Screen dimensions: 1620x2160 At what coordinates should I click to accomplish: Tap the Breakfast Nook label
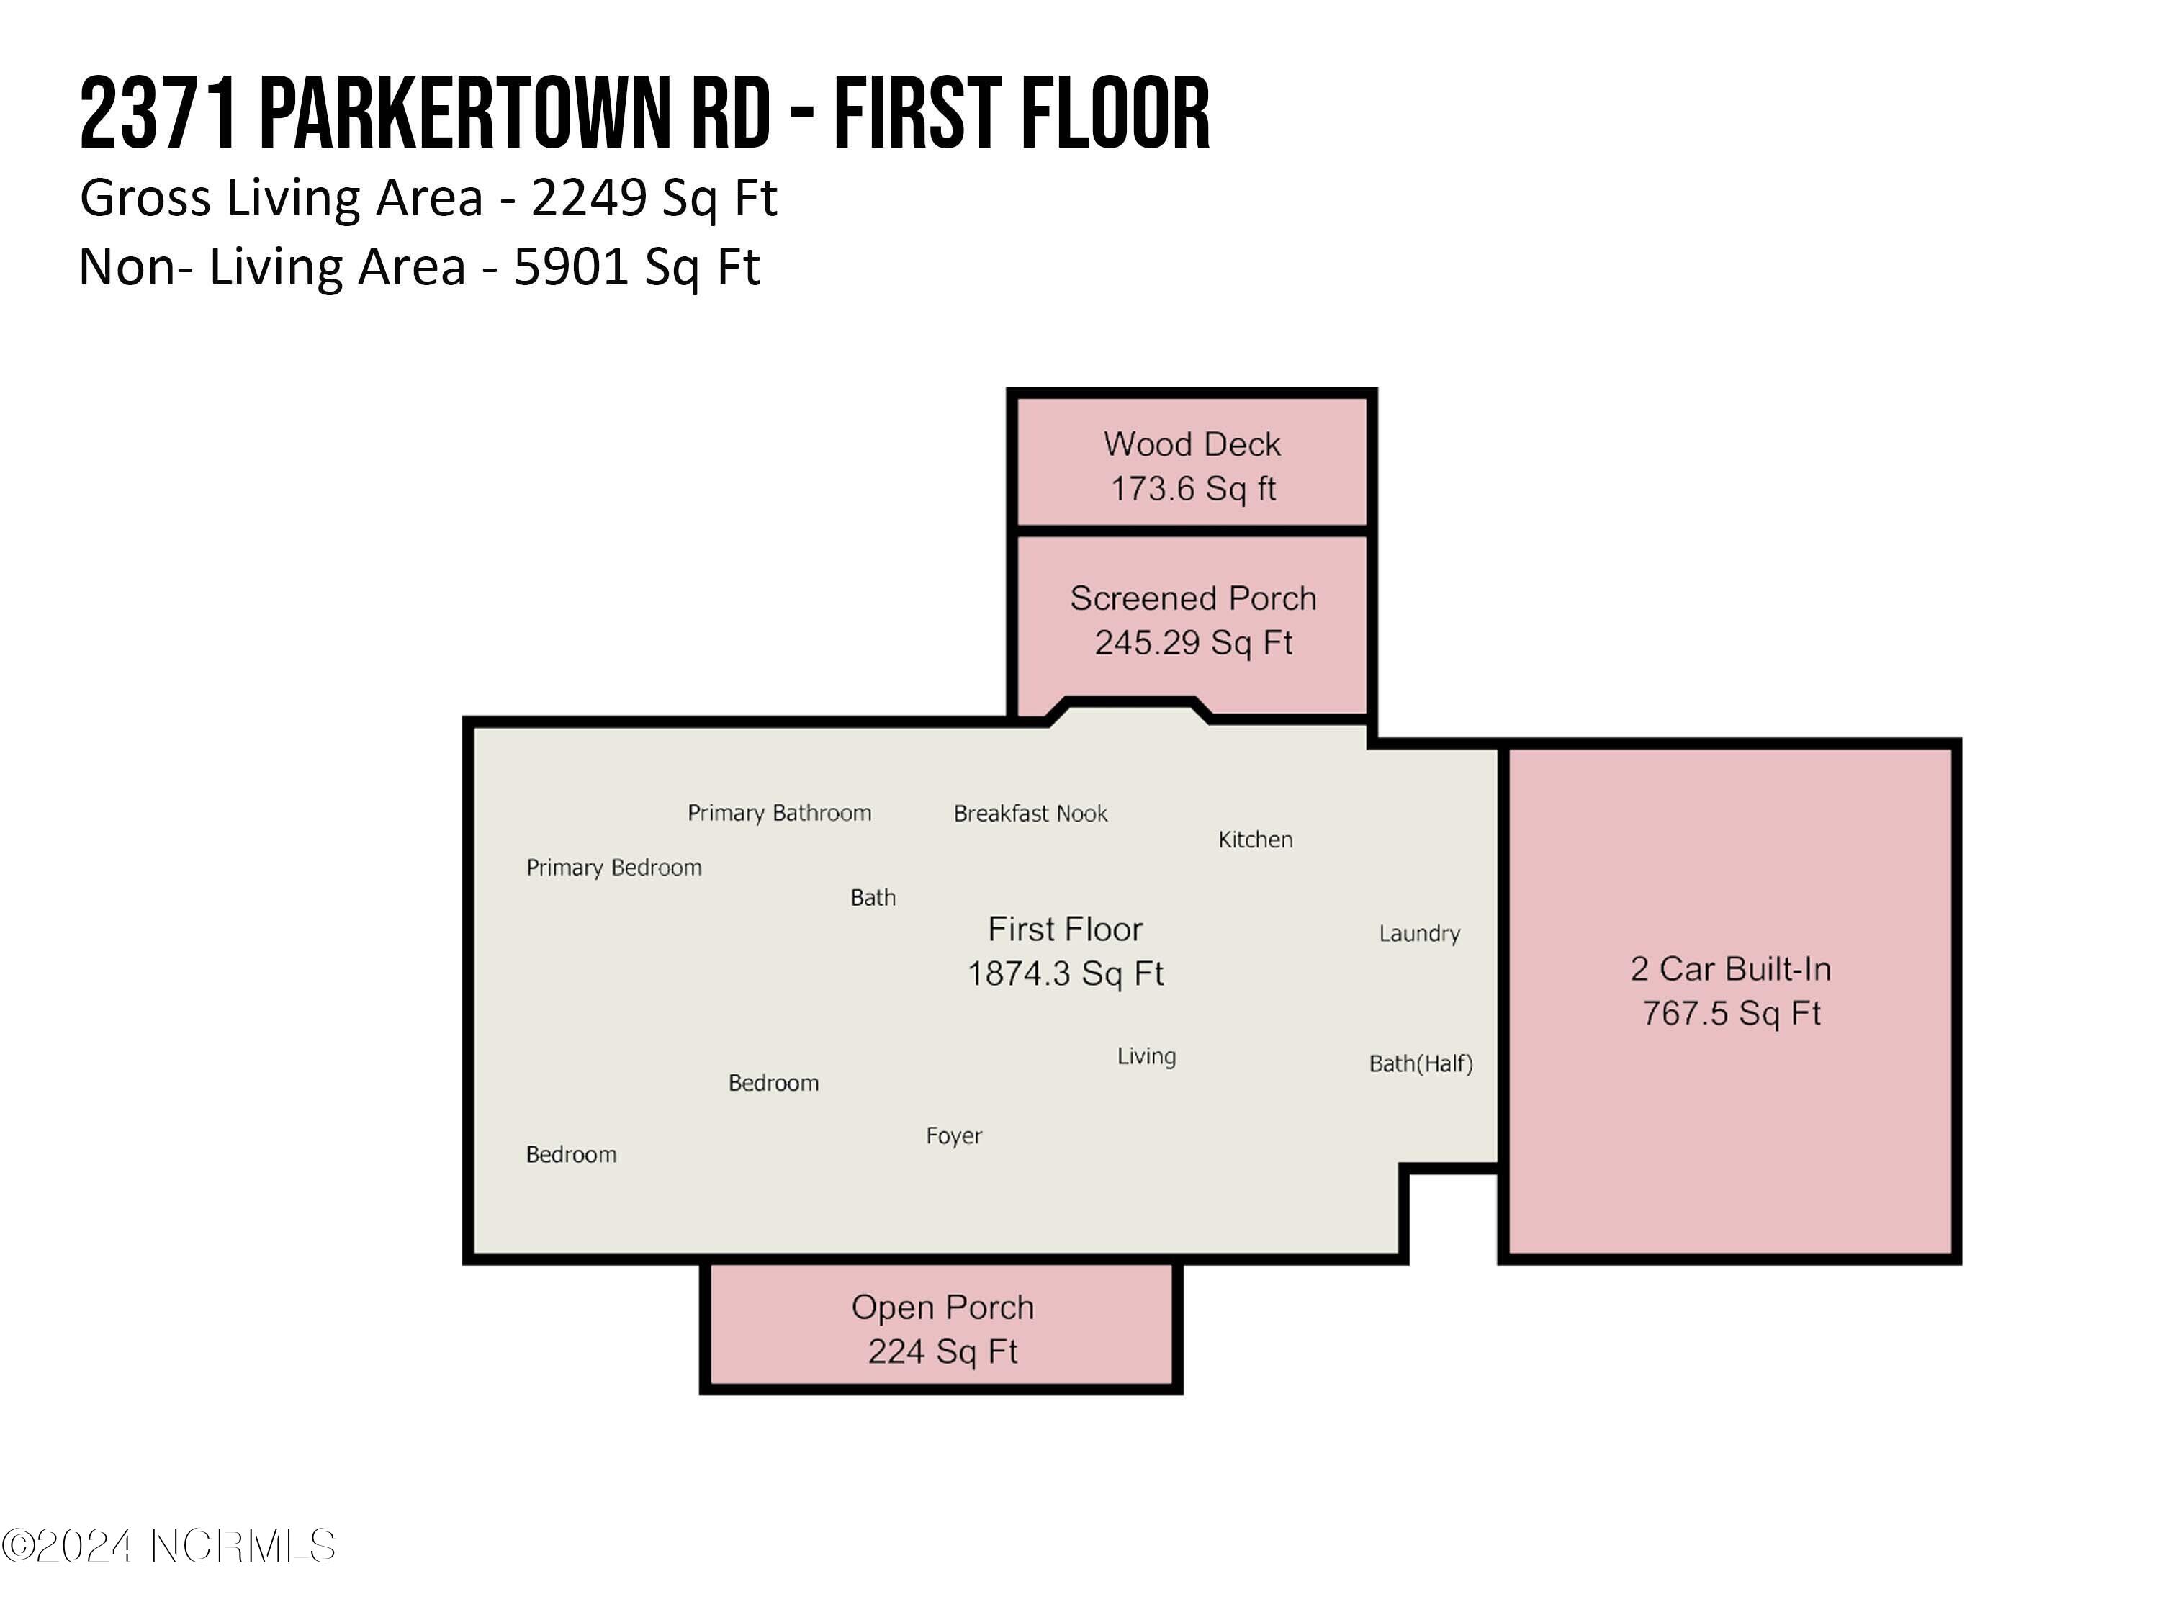[x=1030, y=814]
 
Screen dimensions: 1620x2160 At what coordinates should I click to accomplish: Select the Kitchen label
[x=1255, y=840]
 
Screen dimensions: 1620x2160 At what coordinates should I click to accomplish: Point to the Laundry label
[x=1419, y=934]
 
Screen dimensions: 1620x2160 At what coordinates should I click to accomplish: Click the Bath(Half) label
[x=1420, y=1063]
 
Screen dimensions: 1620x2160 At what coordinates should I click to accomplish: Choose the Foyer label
[x=953, y=1135]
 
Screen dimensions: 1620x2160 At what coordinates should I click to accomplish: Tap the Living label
[x=1146, y=1056]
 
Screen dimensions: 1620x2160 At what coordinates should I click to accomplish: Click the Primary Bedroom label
[x=613, y=867]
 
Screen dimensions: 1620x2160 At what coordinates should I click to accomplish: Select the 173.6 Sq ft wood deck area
[x=1192, y=488]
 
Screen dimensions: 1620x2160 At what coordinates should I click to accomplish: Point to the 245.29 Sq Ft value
[x=1192, y=642]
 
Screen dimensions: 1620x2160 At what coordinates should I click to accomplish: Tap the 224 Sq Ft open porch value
[x=942, y=1351]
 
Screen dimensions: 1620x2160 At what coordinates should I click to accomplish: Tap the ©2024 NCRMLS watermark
[x=168, y=1546]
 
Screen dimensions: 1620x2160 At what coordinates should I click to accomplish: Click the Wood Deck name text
[x=1192, y=444]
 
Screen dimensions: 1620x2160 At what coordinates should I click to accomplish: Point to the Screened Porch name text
[x=1192, y=598]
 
